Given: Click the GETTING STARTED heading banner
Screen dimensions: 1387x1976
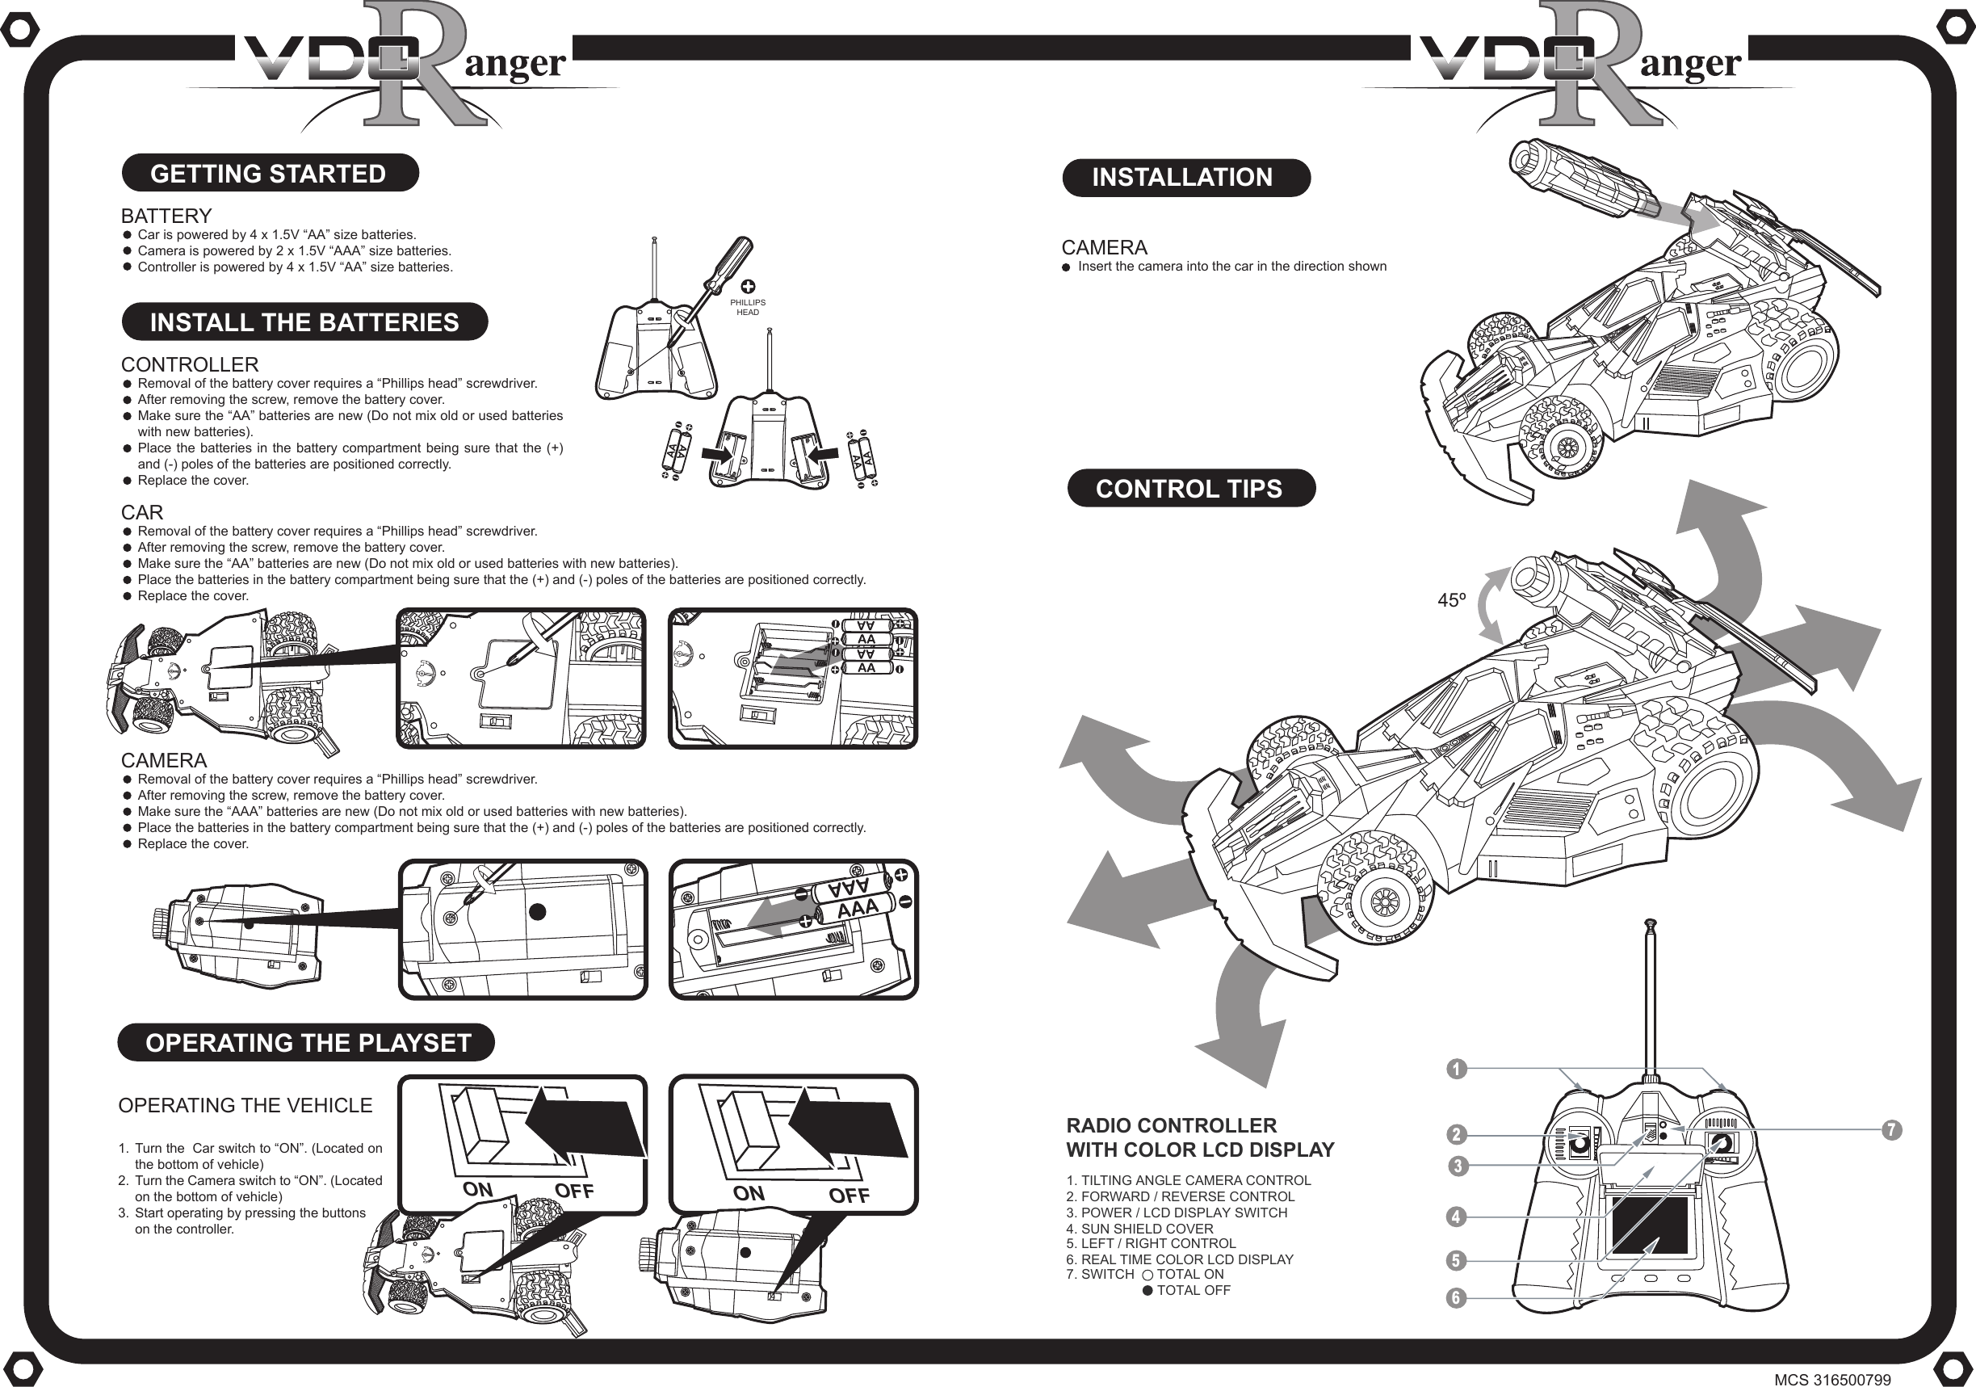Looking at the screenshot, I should pyautogui.click(x=269, y=173).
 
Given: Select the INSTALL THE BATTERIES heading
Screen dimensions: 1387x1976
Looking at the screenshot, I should pyautogui.click(x=304, y=322).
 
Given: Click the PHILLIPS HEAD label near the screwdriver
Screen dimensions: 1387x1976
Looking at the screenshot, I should pyautogui.click(x=747, y=307).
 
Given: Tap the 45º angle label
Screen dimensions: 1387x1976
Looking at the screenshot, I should pyautogui.click(x=1451, y=600).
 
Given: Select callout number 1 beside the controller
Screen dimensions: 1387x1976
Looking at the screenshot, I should pyautogui.click(x=1455, y=1070).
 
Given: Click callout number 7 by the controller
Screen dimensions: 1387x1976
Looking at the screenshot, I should pyautogui.click(x=1890, y=1129).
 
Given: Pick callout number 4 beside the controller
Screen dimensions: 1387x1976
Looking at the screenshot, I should pyautogui.click(x=1455, y=1217).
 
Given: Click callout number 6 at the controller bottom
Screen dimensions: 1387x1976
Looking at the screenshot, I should pyautogui.click(x=1455, y=1297).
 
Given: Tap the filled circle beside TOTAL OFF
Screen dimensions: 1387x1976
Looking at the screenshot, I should pyautogui.click(x=1147, y=1291).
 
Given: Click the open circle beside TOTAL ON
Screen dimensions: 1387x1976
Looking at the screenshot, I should pyautogui.click(x=1147, y=1275).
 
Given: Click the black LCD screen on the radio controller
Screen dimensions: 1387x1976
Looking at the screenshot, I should pyautogui.click(x=1649, y=1225).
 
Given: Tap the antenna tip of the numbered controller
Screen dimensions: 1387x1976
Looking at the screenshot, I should pyautogui.click(x=1650, y=925).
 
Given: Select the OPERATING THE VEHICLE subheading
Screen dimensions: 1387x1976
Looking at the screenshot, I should pyautogui.click(x=245, y=1105).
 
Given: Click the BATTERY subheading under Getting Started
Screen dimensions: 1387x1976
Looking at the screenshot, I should pyautogui.click(x=166, y=215).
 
